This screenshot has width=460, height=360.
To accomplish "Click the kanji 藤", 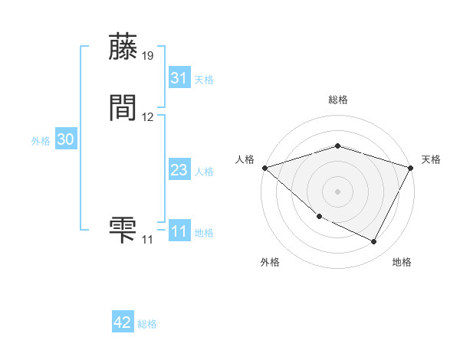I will click(123, 47).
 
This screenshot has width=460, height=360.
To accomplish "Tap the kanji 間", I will click(123, 109).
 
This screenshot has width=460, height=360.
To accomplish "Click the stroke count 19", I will click(148, 56).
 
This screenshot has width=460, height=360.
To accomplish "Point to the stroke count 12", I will click(148, 117).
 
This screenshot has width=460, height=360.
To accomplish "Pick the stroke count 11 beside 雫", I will click(147, 239).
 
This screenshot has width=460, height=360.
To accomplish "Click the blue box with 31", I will click(179, 77).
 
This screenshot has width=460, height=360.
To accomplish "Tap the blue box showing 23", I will click(179, 170).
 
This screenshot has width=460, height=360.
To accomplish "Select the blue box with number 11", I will click(179, 231).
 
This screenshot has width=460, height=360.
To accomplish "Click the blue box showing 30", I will click(65, 139).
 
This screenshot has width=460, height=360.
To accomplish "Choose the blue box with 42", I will click(122, 322).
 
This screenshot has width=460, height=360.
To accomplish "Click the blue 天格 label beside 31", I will click(204, 79).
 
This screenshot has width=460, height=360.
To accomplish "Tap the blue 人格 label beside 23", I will click(204, 172).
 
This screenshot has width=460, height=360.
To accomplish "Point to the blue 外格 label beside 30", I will click(41, 141).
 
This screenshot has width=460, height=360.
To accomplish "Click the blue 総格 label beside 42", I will click(147, 324).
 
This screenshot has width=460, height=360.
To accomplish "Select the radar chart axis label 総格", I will click(338, 100).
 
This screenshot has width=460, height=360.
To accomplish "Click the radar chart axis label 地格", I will click(402, 262).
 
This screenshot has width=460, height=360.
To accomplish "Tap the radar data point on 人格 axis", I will click(264, 168).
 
